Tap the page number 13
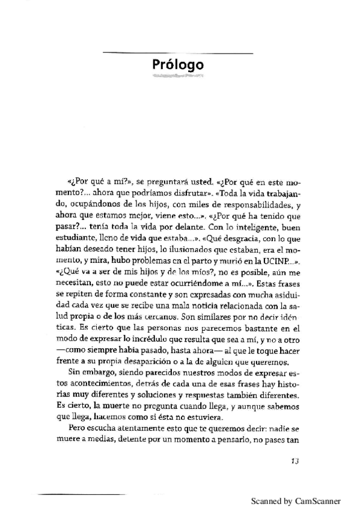click(x=294, y=461)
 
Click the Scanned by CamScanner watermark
click(x=296, y=500)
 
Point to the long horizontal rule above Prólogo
click(x=177, y=54)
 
